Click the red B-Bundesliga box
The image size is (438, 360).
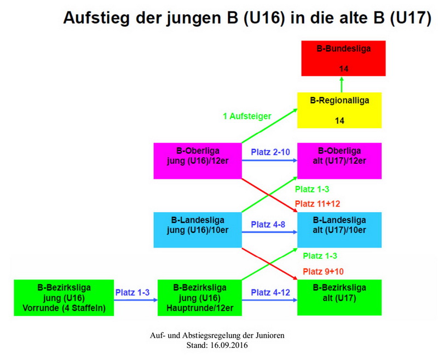(x=343, y=58)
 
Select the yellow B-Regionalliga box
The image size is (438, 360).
(x=339, y=110)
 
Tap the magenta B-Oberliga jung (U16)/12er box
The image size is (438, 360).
(x=198, y=161)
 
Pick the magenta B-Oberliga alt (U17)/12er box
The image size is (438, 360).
(x=339, y=161)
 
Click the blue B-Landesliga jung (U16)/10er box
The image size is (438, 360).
(x=198, y=230)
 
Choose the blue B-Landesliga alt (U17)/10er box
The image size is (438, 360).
(x=339, y=230)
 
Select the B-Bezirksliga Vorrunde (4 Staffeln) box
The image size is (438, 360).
(x=64, y=298)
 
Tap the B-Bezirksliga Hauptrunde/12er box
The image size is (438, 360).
(x=200, y=298)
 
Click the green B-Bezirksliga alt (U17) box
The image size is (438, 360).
(x=339, y=298)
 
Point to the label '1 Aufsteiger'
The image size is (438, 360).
(x=247, y=116)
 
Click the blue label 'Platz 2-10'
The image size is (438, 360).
(x=270, y=152)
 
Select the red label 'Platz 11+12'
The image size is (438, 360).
(x=318, y=204)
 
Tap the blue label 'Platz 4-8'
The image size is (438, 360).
(x=268, y=225)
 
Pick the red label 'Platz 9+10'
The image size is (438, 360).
(x=323, y=271)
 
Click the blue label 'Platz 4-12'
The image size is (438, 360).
(x=270, y=293)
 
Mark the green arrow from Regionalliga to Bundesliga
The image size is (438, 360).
(x=341, y=84)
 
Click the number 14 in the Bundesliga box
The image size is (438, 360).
(x=344, y=68)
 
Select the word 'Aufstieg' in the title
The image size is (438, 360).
(x=96, y=18)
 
